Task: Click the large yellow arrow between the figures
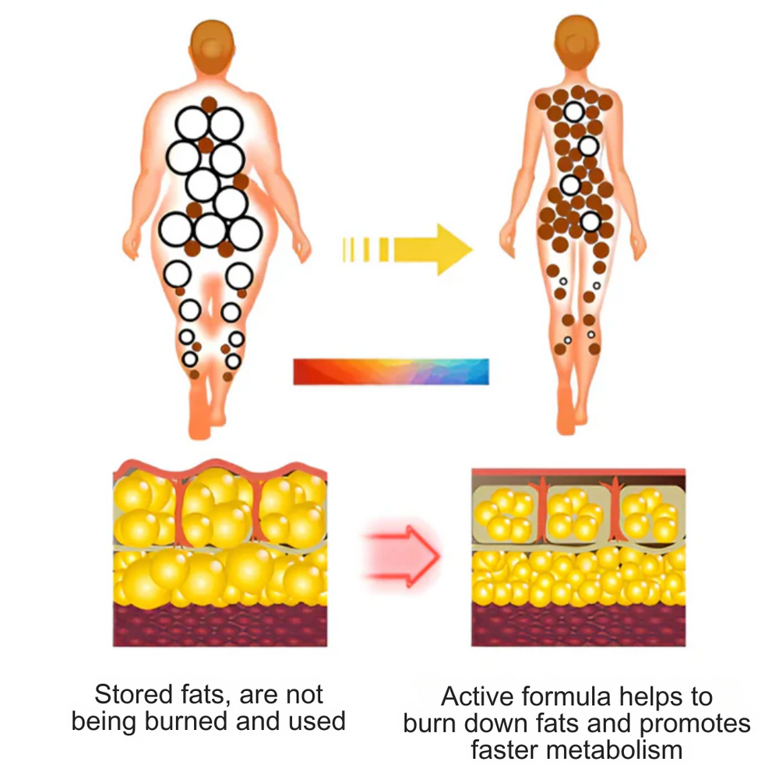click(407, 249)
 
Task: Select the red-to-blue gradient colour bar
click(391, 372)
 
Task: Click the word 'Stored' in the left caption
click(133, 694)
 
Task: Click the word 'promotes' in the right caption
click(695, 724)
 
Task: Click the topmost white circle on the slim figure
click(574, 111)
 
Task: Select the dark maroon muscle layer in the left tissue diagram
click(220, 625)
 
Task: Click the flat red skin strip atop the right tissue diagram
click(578, 472)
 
